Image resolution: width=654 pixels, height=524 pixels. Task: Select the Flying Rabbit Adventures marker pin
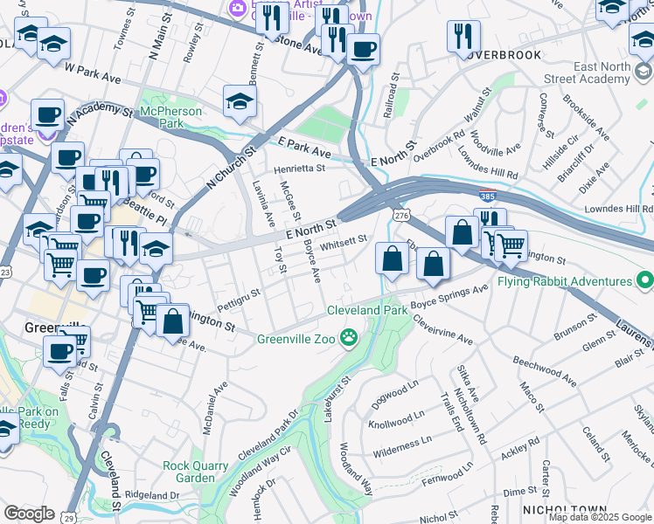(x=645, y=281)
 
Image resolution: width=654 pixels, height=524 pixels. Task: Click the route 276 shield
(x=401, y=215)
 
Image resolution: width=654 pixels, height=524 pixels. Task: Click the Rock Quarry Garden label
(x=188, y=472)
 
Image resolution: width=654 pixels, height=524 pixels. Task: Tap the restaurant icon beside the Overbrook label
(x=463, y=37)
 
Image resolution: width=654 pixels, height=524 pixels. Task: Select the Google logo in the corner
(x=29, y=514)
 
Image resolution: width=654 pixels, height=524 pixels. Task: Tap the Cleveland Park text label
(x=367, y=310)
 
